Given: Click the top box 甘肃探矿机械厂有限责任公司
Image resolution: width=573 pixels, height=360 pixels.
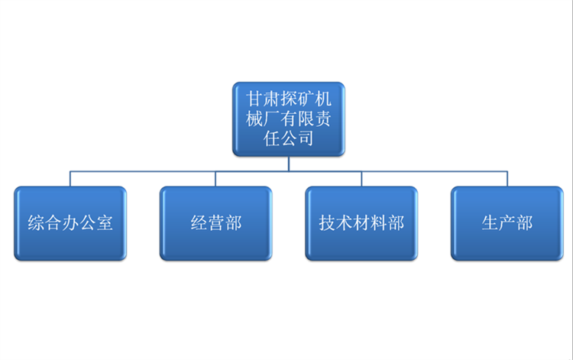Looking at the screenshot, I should coord(288,118).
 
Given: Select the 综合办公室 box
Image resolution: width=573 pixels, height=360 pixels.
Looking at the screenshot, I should coord(70,223).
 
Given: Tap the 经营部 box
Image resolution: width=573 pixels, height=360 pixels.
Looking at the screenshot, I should coord(215,223).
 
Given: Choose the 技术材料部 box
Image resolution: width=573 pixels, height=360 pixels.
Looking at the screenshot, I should coord(361,223).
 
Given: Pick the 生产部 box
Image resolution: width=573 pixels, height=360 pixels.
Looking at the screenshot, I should coord(507,223).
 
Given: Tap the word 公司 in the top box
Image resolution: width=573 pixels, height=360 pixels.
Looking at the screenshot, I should coord(296,138).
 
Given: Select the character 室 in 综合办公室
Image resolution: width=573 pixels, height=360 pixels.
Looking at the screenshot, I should coord(104,223).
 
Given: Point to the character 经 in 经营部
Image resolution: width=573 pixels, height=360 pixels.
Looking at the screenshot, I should coord(199,223).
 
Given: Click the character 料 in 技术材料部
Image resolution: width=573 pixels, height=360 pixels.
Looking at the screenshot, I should coord(379,223).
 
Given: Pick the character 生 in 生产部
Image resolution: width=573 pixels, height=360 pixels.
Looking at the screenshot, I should coord(490,223).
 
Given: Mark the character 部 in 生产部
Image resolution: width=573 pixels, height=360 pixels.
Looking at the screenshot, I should coord(524,223).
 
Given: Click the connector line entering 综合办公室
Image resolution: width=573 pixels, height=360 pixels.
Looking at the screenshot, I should coord(70,179).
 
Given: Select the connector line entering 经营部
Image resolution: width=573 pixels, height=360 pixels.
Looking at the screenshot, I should coord(215,179).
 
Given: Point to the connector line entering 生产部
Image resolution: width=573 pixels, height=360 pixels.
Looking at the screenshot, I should coord(507,179).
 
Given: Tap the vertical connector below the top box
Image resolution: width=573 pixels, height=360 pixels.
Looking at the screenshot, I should coord(288,163).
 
